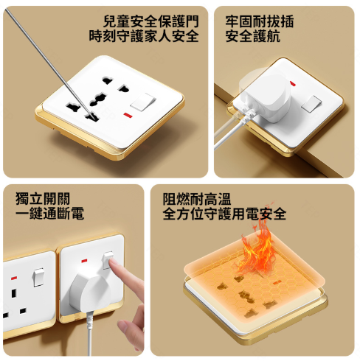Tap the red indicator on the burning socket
click(x=274, y=282)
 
